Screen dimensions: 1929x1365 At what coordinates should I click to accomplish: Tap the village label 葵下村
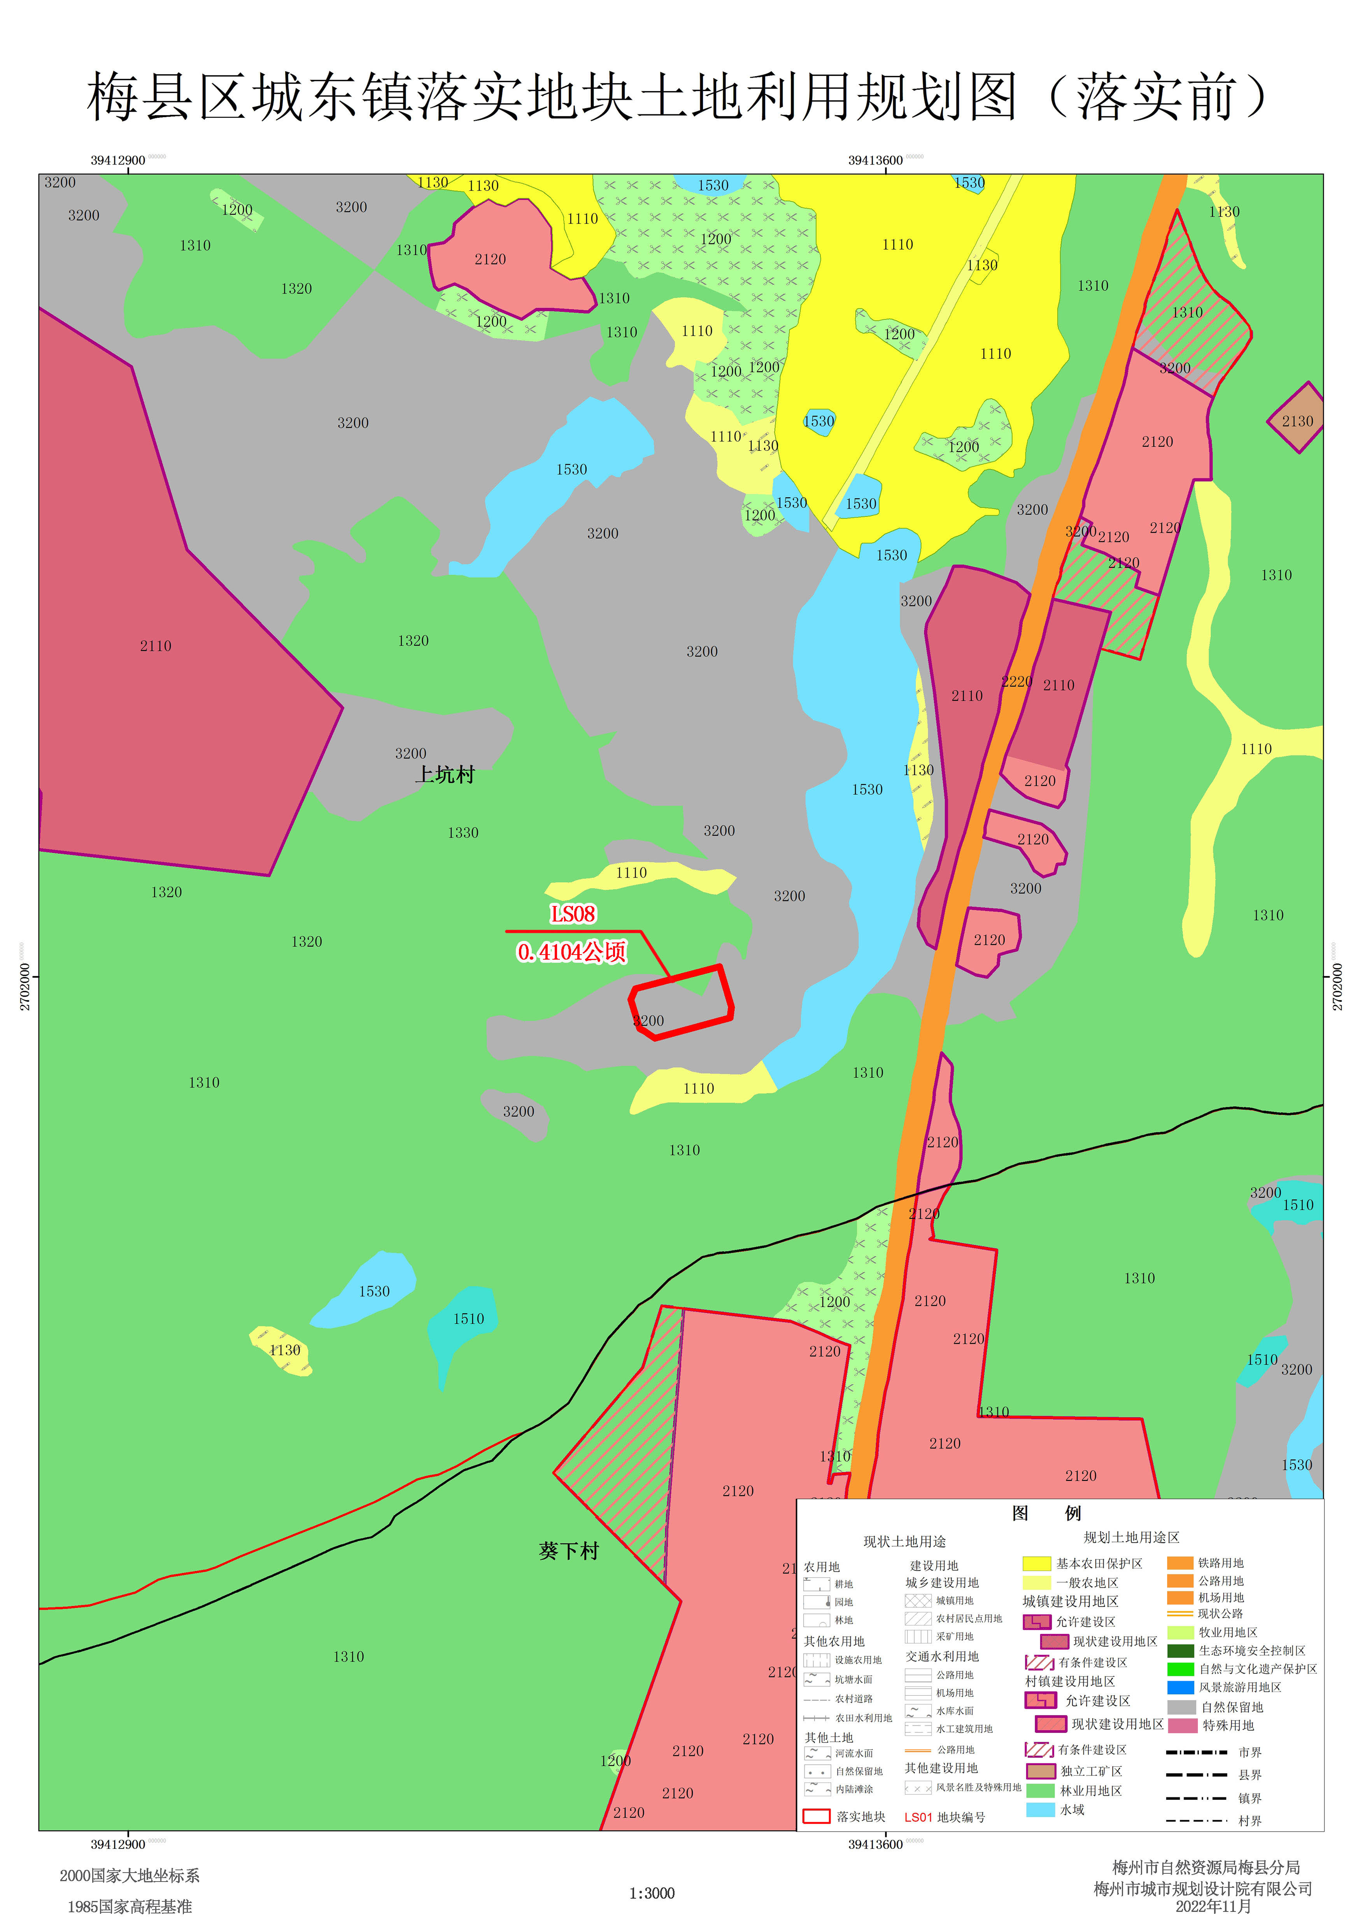pos(569,1551)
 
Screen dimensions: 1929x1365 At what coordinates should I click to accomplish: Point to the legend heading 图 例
pos(1046,1513)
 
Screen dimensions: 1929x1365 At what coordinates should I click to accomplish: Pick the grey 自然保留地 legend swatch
pos(1181,1707)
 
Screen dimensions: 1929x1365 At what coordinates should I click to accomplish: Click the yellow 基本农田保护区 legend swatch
pos(1036,1563)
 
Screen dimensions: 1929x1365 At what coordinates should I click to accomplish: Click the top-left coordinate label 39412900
pos(117,161)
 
